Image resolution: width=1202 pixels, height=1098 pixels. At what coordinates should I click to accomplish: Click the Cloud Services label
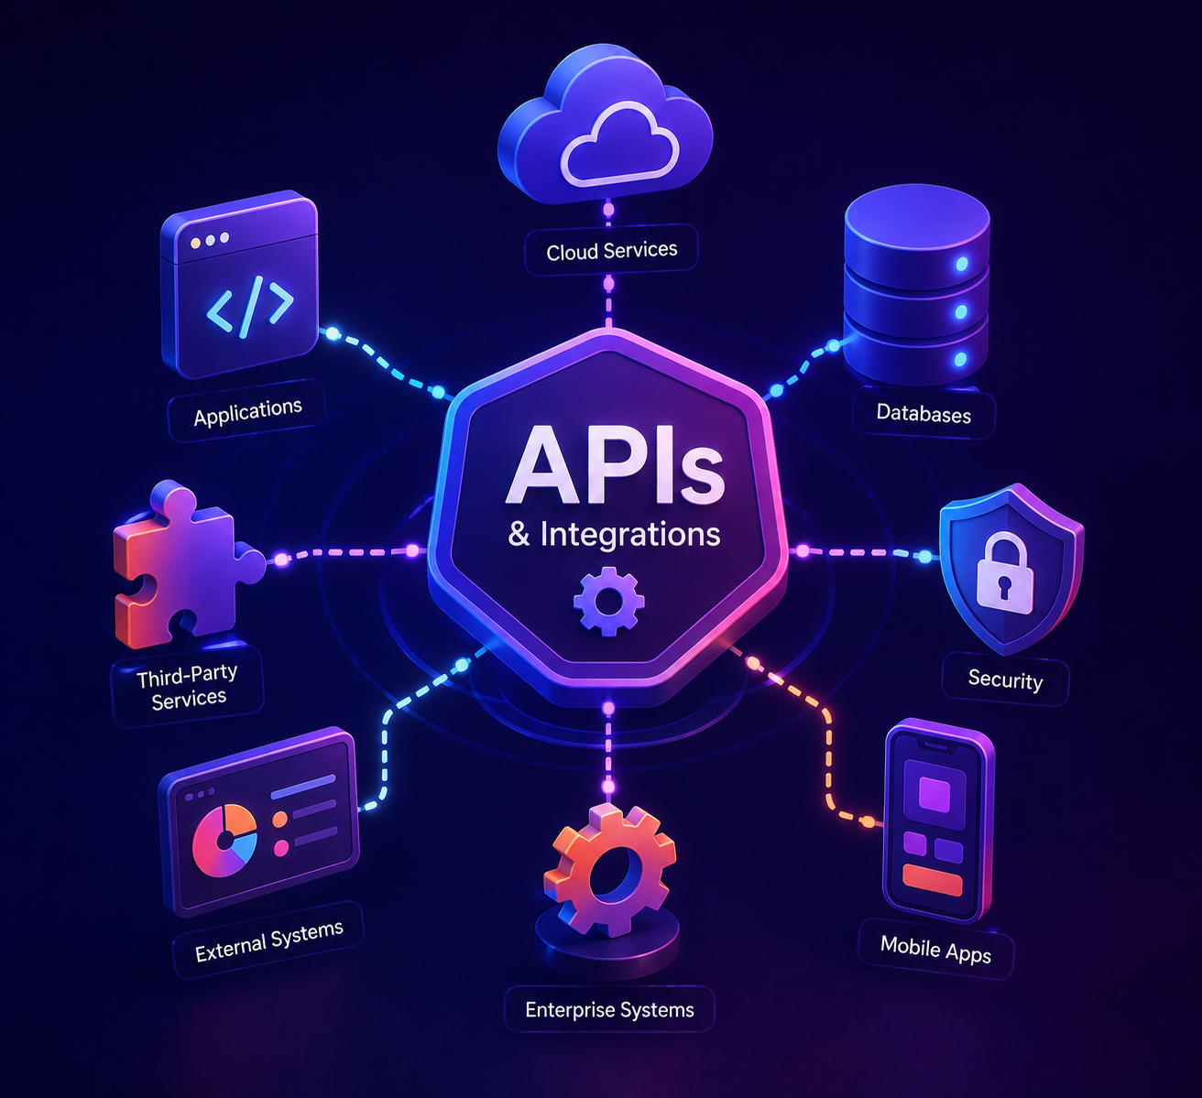pos(611,250)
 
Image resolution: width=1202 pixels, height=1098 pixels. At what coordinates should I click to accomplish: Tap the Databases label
pos(923,413)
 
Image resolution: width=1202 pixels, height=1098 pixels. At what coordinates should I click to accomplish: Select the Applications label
pos(247,411)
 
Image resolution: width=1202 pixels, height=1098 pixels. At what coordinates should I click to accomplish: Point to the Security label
pos(1005,679)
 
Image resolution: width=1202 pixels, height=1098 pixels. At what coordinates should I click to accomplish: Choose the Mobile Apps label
pos(935,950)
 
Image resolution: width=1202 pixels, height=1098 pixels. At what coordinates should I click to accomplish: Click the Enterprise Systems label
pos(609,1009)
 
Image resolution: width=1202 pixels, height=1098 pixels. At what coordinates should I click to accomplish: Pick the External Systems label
pos(269,940)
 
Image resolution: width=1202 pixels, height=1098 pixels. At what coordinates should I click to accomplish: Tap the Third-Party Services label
pos(188,687)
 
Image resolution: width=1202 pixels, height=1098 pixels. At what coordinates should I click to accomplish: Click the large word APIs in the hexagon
pos(616,465)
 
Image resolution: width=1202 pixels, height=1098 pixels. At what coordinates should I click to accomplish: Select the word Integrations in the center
pos(629,534)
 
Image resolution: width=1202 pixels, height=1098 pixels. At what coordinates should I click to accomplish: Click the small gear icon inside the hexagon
pos(609,601)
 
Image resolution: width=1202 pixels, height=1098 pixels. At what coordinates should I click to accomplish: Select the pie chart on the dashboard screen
pos(224,841)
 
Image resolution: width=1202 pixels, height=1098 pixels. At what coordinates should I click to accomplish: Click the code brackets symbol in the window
pos(250,307)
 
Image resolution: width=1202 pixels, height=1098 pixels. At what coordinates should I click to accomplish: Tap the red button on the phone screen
pos(933,879)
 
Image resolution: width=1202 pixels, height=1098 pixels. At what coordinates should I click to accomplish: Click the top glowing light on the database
pos(962,264)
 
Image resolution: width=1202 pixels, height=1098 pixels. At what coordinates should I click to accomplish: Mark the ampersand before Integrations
pos(519,534)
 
